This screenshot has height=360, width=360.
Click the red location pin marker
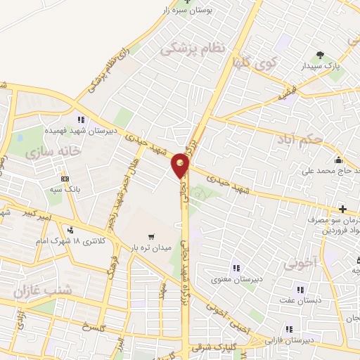pos(181,165)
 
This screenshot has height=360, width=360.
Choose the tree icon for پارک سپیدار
pos(321,55)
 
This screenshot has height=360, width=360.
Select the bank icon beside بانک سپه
pos(65,179)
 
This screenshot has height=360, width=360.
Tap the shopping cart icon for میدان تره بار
pos(150,236)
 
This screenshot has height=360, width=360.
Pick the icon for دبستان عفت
pos(300,290)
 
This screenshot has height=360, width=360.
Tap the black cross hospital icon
pos(342,209)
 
